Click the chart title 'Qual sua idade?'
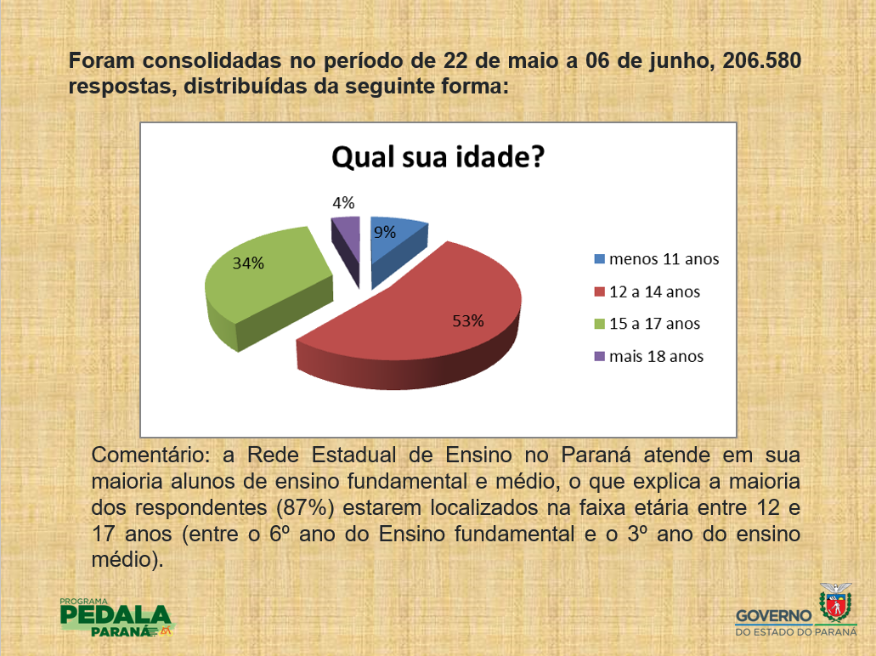(x=438, y=157)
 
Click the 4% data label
(x=343, y=203)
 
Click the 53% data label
(x=467, y=320)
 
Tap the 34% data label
(x=248, y=263)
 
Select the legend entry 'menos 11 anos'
(x=657, y=258)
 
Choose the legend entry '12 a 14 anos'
(x=647, y=291)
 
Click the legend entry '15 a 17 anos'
(x=647, y=324)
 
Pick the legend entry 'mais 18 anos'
(x=648, y=357)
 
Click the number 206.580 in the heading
(x=762, y=60)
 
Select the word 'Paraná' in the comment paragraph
(x=596, y=455)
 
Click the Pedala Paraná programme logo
(x=117, y=618)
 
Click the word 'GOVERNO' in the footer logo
(x=774, y=616)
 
